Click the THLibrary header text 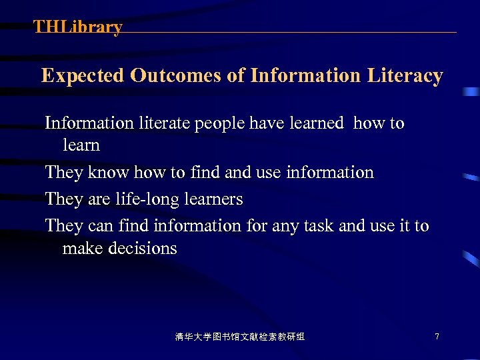[x=78, y=27]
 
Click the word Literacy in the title [x=405, y=76]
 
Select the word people [x=219, y=124]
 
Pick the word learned [x=317, y=123]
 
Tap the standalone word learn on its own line [x=81, y=145]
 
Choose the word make [x=80, y=249]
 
